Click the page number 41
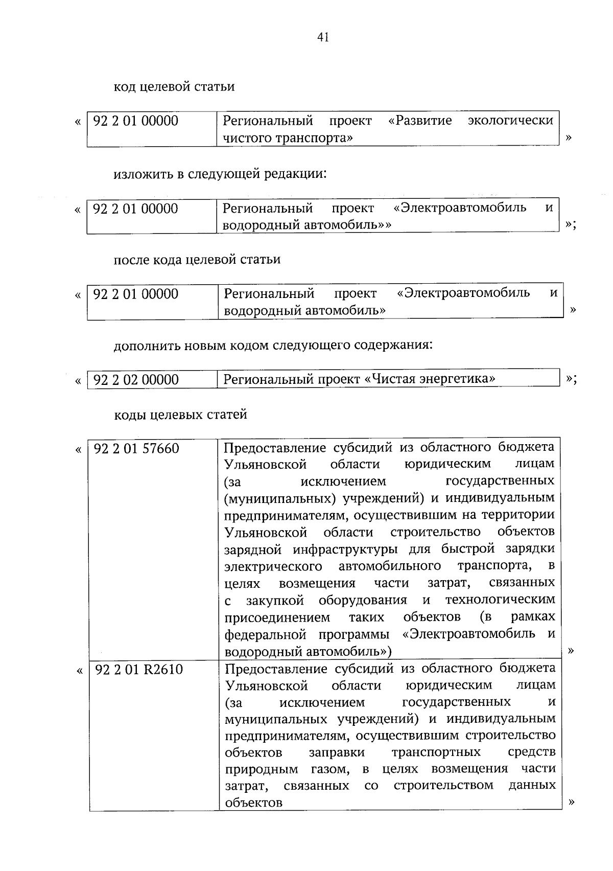click(x=322, y=37)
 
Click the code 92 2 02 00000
click(x=136, y=380)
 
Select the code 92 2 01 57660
click(x=136, y=448)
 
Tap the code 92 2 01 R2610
click(x=139, y=670)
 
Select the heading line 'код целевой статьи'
click(x=174, y=86)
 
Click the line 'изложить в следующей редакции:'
click(x=220, y=174)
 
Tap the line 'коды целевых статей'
click(x=180, y=414)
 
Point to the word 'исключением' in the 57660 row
click(x=343, y=482)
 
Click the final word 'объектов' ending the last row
click(x=254, y=803)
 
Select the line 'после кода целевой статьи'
click(x=197, y=260)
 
